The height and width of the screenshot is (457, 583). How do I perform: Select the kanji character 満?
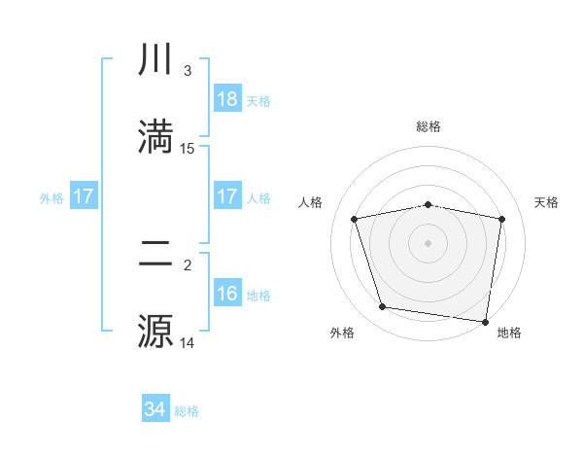(x=156, y=137)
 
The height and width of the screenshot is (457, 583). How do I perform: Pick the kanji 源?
(x=156, y=331)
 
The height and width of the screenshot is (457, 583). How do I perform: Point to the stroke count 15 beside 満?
(x=188, y=149)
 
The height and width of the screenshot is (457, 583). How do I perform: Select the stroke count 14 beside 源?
(x=188, y=342)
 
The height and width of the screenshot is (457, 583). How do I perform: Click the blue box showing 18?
(x=227, y=99)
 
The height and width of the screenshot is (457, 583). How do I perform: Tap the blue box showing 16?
(x=227, y=294)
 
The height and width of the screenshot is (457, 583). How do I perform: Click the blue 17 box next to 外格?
(x=84, y=196)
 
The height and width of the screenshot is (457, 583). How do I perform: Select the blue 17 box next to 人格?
(x=227, y=196)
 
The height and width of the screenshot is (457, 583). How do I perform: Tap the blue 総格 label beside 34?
(x=187, y=411)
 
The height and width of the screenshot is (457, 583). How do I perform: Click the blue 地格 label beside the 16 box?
(x=258, y=296)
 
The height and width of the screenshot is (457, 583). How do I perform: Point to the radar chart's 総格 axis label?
(x=429, y=126)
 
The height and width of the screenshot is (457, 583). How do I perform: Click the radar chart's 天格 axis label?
(x=547, y=202)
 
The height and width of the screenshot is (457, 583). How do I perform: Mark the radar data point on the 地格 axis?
(x=485, y=321)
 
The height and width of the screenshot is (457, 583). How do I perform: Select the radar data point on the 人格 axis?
(x=355, y=219)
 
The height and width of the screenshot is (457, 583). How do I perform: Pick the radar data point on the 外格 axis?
(x=383, y=307)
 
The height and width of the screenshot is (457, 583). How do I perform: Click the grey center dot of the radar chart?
(x=429, y=243)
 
